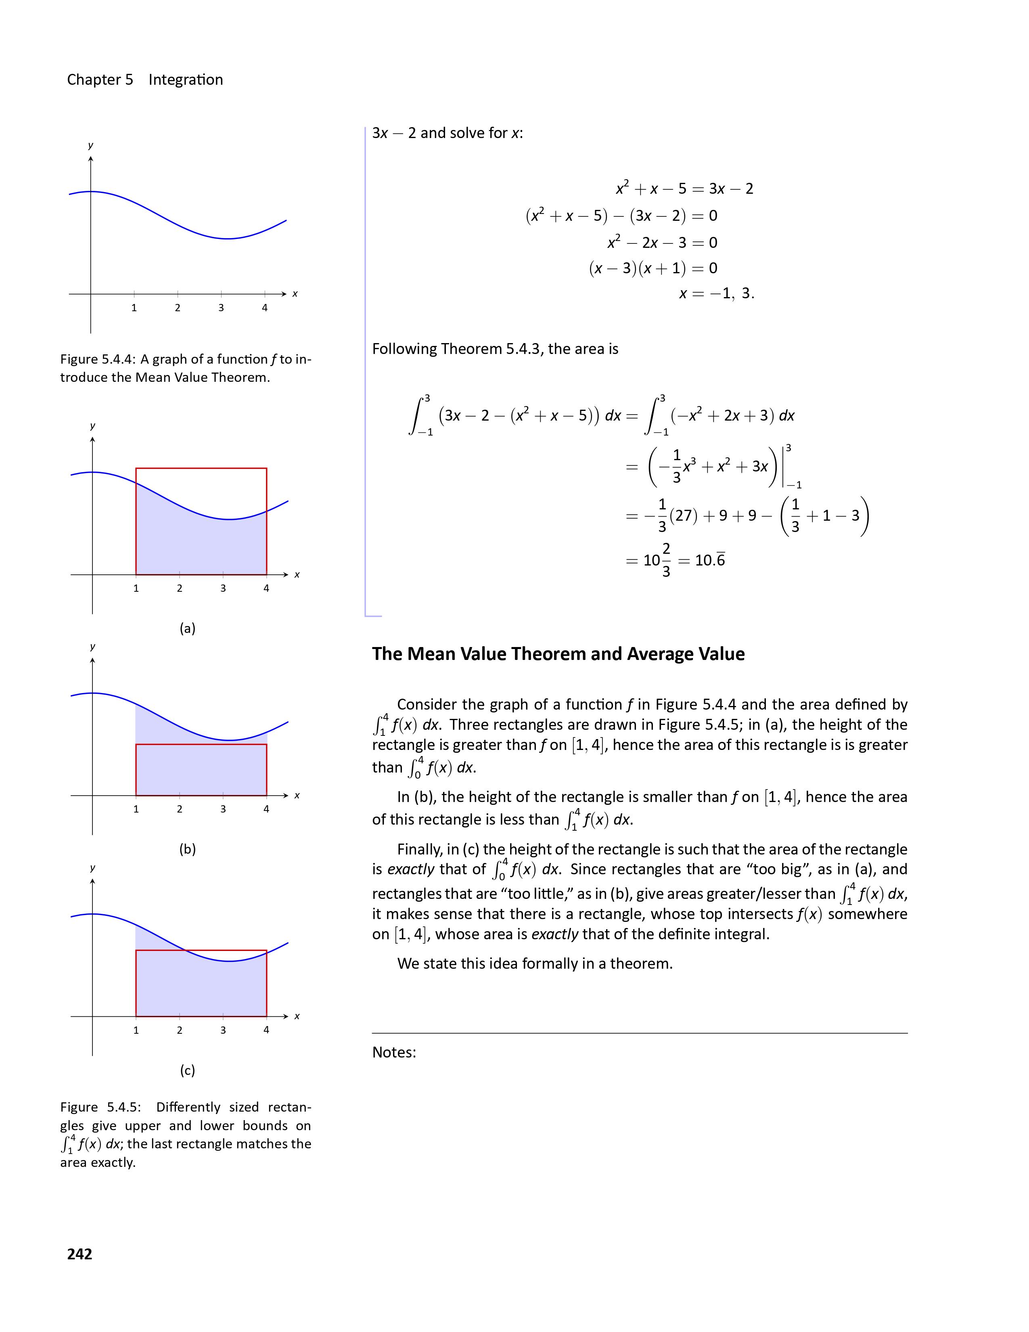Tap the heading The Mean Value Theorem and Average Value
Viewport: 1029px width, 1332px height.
(x=558, y=654)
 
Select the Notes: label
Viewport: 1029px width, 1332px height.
(x=394, y=1052)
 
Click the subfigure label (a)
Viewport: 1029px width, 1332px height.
(x=187, y=628)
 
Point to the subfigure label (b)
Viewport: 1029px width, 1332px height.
(x=187, y=849)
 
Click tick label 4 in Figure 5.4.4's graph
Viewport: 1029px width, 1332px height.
(x=265, y=308)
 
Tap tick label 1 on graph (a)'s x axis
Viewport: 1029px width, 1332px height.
(x=136, y=589)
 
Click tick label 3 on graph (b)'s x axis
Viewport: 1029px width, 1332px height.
(x=223, y=809)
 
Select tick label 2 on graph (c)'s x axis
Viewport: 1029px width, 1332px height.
(x=179, y=1030)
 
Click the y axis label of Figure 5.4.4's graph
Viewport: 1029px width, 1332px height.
(x=91, y=145)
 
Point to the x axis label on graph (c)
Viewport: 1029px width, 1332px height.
(x=297, y=1016)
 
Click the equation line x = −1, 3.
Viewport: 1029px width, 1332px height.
(x=716, y=293)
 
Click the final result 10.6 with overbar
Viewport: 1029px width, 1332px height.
(x=710, y=560)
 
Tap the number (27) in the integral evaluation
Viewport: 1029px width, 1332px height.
(x=683, y=516)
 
